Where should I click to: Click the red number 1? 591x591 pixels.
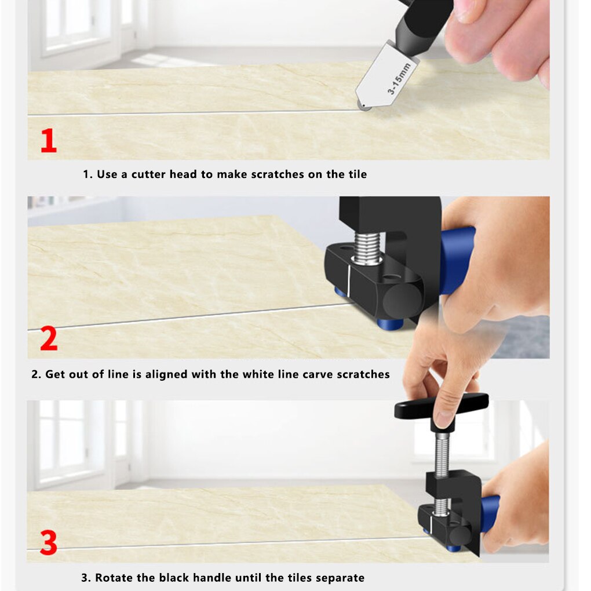point(49,141)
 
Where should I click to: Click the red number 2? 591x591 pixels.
point(49,340)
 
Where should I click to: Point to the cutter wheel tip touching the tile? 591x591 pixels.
point(364,107)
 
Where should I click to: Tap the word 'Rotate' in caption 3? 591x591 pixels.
point(115,578)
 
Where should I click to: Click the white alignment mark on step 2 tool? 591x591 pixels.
point(349,280)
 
